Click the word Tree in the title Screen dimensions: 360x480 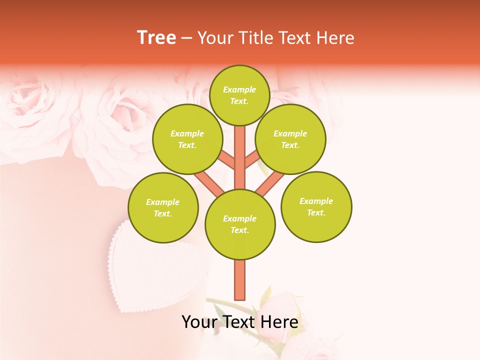tap(156, 38)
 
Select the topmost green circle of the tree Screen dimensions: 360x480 tap(239, 95)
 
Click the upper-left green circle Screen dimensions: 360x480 tap(187, 139)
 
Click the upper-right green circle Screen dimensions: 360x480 tap(290, 139)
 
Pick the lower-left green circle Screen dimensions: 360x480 tap(163, 207)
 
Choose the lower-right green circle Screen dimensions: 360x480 tap(316, 206)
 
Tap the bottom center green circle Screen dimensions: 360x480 tap(240, 224)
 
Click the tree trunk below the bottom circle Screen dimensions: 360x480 tap(240, 280)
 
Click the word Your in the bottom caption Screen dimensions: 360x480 tap(199, 322)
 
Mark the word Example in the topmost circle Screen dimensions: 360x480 tap(239, 89)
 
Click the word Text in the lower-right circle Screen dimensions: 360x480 tap(316, 212)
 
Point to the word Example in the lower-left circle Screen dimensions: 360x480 tap(163, 202)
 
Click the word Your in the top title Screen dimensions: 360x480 tap(214, 38)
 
